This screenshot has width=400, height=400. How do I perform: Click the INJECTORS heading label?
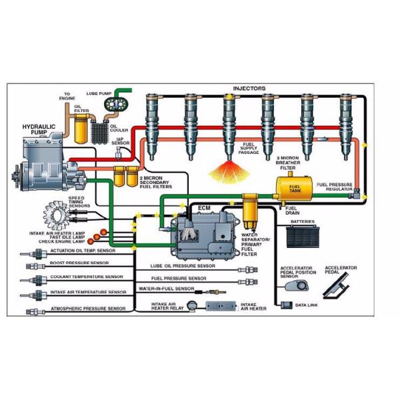pos(249,88)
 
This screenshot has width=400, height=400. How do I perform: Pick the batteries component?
pos(303,237)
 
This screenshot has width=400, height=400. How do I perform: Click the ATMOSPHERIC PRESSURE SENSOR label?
pos(88,309)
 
